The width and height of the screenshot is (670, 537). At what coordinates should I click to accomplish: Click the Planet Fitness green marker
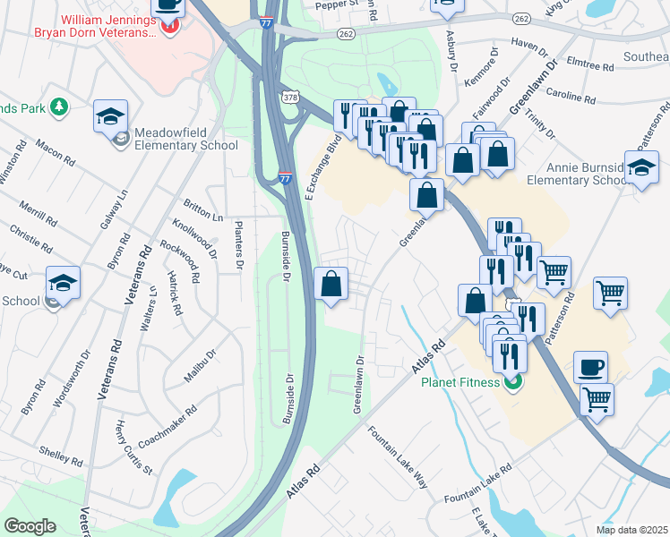tap(512, 384)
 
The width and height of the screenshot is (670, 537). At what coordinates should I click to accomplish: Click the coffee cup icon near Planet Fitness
tap(590, 367)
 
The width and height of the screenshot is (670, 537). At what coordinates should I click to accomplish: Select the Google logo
tap(30, 526)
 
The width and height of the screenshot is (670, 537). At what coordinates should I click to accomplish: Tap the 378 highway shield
tap(289, 96)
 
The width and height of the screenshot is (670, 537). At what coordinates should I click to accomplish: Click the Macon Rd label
tap(55, 150)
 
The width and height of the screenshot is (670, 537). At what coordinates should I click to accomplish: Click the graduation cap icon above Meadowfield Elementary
tap(110, 116)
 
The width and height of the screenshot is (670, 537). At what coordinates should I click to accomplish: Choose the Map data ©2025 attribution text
tap(631, 529)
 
